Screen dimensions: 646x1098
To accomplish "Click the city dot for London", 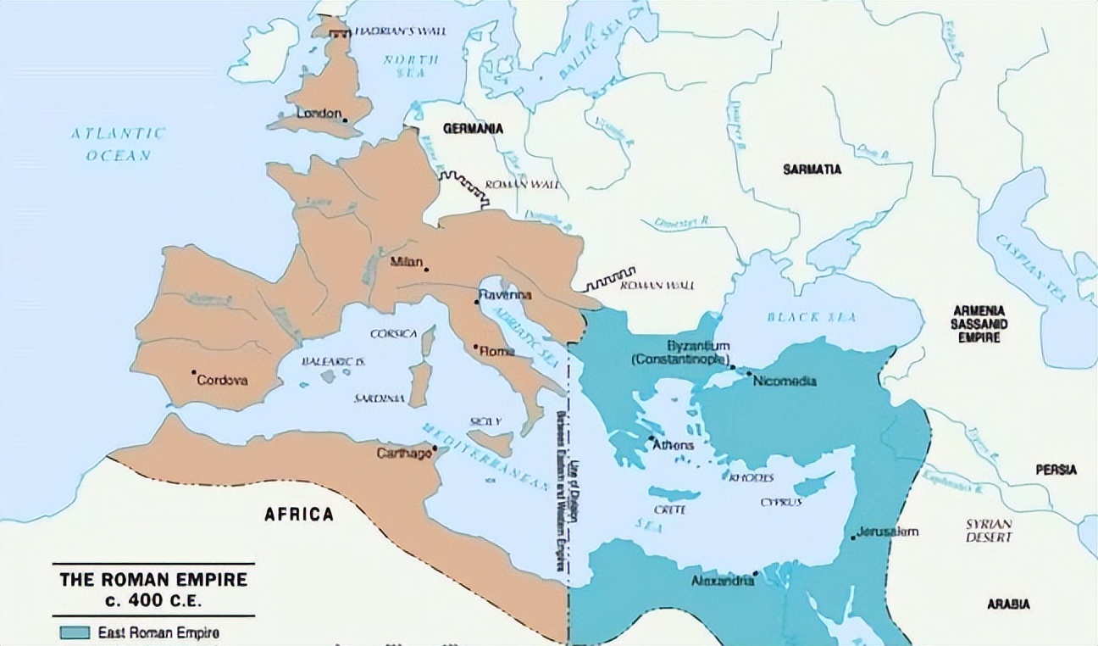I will (x=345, y=120).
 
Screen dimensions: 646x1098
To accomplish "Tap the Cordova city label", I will (x=222, y=381).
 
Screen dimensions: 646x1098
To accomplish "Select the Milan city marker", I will (x=426, y=270).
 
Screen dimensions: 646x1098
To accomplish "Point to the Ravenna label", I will (x=505, y=295).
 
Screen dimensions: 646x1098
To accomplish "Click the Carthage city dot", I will (x=435, y=448).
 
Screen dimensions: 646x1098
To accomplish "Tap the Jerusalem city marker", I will (x=851, y=537).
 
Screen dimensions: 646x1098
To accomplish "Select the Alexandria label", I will (x=723, y=581).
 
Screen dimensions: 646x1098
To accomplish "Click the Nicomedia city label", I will (x=785, y=381).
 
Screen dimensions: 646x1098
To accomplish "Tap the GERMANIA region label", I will (x=471, y=129).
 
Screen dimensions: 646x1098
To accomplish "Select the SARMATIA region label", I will (x=812, y=170).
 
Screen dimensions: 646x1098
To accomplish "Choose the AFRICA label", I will (x=299, y=514).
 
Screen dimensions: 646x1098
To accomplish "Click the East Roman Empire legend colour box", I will (x=75, y=632).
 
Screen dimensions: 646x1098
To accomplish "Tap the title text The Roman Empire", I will (x=153, y=581).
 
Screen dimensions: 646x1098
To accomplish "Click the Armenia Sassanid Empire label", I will (x=978, y=324).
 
